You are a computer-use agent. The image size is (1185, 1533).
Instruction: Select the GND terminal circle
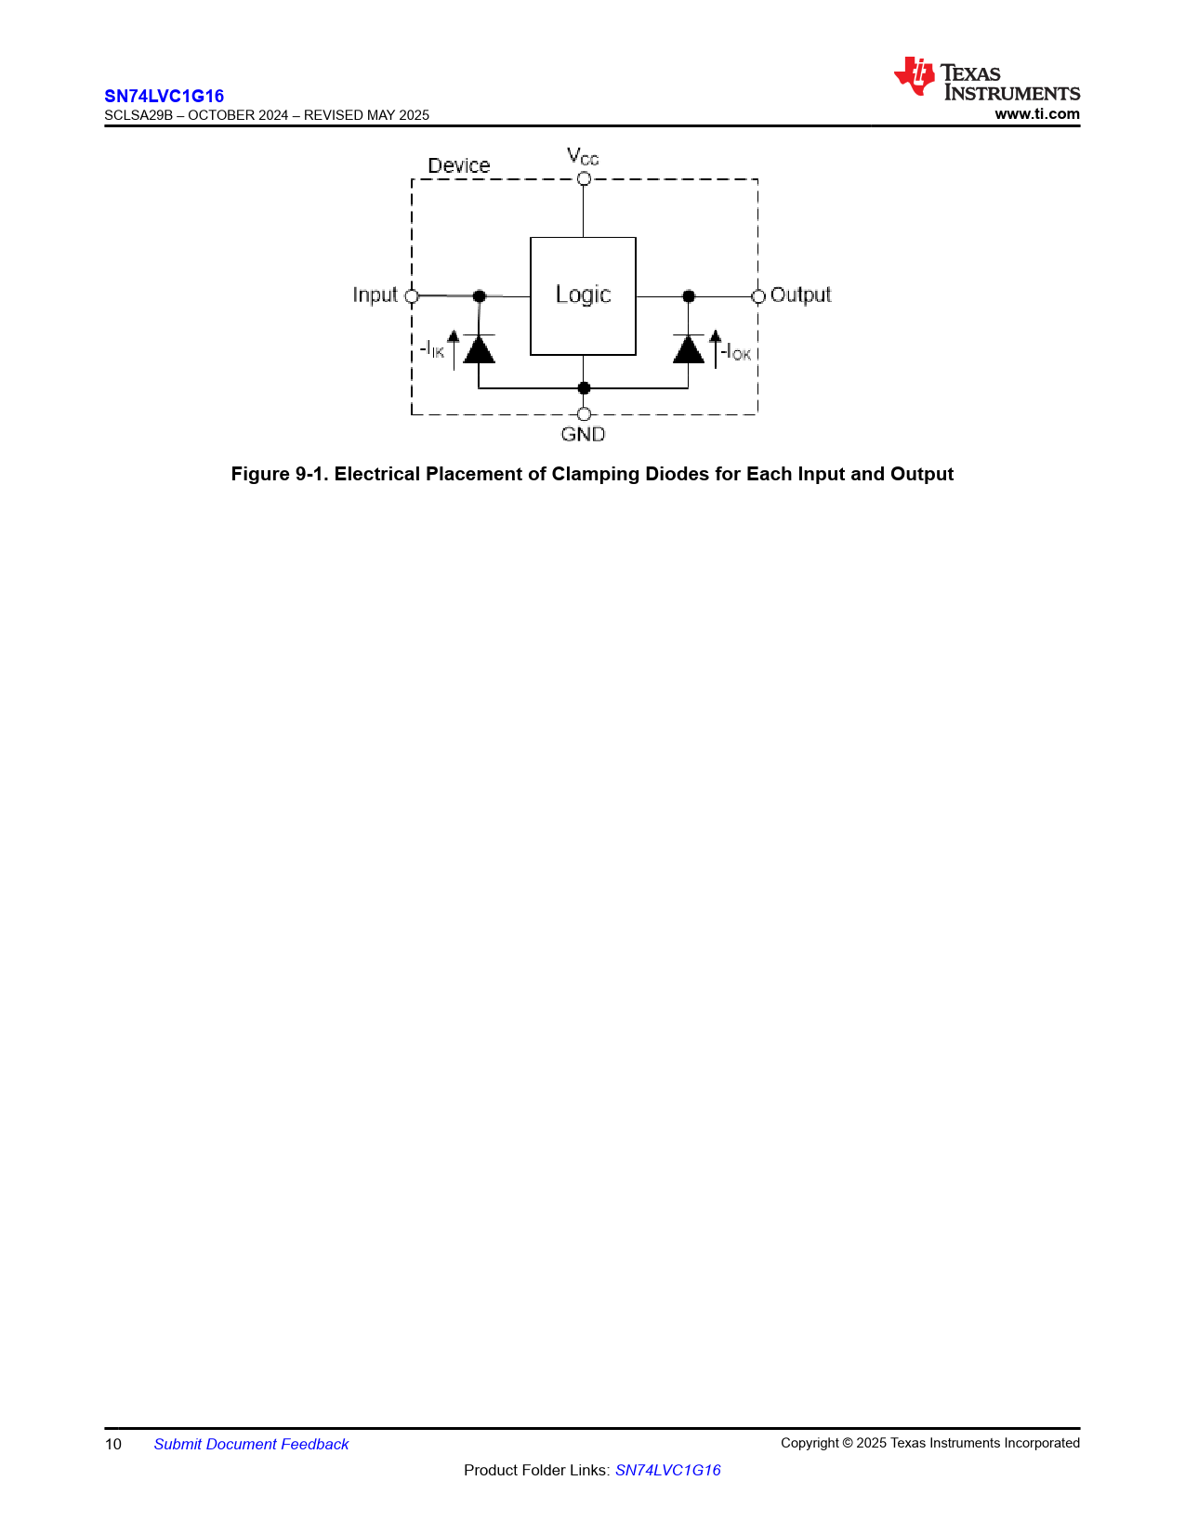[584, 414]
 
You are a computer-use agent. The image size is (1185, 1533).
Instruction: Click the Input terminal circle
[412, 296]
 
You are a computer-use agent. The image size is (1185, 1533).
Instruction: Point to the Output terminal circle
[758, 296]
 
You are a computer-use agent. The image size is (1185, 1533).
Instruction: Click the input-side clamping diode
[480, 348]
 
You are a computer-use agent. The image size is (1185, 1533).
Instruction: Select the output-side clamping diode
[688, 348]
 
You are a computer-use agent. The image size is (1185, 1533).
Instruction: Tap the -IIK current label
[432, 349]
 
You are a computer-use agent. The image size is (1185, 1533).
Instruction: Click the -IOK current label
[735, 351]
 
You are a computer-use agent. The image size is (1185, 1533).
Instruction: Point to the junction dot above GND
[584, 388]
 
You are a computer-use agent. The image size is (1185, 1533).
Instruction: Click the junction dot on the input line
[480, 296]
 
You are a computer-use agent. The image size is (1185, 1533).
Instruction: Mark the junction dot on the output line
[689, 296]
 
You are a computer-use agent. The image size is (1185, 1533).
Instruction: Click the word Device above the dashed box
[459, 165]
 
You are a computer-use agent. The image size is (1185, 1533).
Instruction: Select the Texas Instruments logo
[987, 78]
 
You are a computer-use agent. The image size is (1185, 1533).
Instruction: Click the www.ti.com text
[1037, 113]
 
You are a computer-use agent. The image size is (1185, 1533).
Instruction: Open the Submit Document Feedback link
[251, 1444]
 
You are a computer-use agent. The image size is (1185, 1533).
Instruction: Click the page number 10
[113, 1444]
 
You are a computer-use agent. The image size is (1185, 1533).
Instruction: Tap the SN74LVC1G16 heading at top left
[164, 96]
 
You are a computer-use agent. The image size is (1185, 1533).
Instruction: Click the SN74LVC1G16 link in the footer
[667, 1470]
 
